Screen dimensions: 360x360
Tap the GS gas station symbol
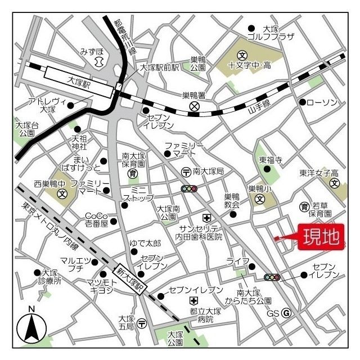[286, 313]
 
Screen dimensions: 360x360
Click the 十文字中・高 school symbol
[242, 55]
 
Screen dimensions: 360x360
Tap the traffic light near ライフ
[272, 277]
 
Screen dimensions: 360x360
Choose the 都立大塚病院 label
[205, 315]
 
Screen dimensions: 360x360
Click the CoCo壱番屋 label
[96, 219]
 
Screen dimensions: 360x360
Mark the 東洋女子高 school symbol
[335, 183]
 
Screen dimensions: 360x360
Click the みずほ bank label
[92, 51]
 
